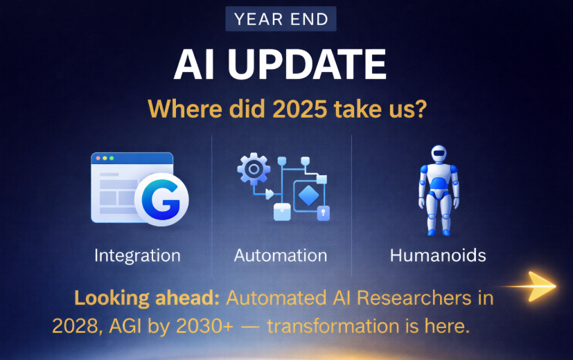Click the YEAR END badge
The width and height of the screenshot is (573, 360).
pyautogui.click(x=281, y=19)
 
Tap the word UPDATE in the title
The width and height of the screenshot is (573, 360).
pyautogui.click(x=307, y=64)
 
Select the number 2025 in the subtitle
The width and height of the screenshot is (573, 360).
pyautogui.click(x=299, y=109)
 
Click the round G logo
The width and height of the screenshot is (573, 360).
pyautogui.click(x=161, y=199)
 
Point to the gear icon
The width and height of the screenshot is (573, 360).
pyautogui.click(x=254, y=169)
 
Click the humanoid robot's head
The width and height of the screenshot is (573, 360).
pyautogui.click(x=439, y=154)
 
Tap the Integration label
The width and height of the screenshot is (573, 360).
pyautogui.click(x=137, y=255)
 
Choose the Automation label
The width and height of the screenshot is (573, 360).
pyautogui.click(x=281, y=255)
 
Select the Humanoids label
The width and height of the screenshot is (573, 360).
pyautogui.click(x=438, y=255)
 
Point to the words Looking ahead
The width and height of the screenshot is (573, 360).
pyautogui.click(x=147, y=298)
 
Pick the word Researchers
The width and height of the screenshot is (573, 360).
pyautogui.click(x=414, y=298)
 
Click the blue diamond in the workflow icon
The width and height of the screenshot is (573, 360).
pyautogui.click(x=308, y=196)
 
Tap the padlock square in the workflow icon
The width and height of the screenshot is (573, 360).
pyautogui.click(x=324, y=214)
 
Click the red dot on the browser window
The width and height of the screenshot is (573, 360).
pyautogui.click(x=98, y=158)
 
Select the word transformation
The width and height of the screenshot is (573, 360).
pyautogui.click(x=333, y=325)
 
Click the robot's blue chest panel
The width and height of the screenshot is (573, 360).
pyautogui.click(x=439, y=183)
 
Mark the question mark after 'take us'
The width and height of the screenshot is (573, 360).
pyautogui.click(x=422, y=109)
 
